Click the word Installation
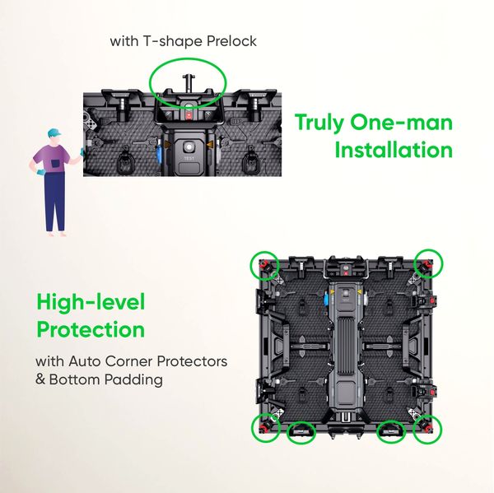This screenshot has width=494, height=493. (x=394, y=151)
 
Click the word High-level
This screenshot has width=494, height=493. (x=91, y=303)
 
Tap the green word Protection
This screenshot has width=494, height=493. (x=91, y=330)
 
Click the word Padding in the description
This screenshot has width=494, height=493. (x=136, y=380)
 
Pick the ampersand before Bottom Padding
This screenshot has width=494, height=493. (x=40, y=380)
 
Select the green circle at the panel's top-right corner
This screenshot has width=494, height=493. (x=428, y=263)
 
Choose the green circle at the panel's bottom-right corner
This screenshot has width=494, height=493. (x=428, y=428)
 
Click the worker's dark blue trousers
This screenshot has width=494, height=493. (x=55, y=202)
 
